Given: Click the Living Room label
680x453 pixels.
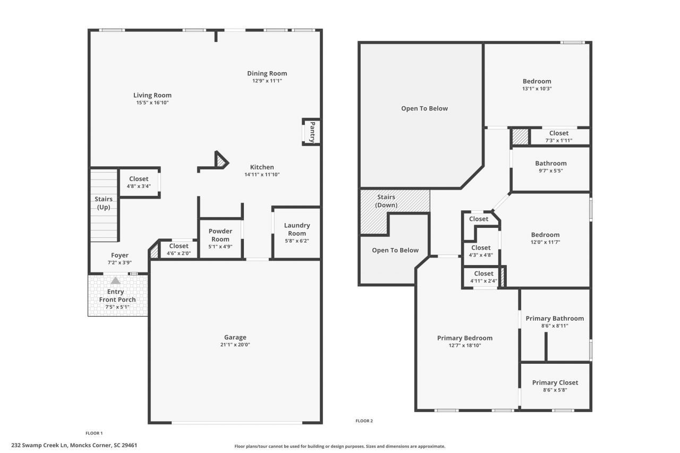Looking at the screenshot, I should pyautogui.click(x=152, y=95).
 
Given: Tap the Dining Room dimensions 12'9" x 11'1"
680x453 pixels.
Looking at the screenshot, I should pyautogui.click(x=267, y=81).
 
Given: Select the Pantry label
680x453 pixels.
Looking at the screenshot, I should pyautogui.click(x=312, y=132).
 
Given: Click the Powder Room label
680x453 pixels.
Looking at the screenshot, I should pyautogui.click(x=220, y=235).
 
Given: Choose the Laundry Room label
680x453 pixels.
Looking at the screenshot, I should pyautogui.click(x=296, y=229).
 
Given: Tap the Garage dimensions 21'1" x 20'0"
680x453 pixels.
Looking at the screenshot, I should pyautogui.click(x=235, y=344).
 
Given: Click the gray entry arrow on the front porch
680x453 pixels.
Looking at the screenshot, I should pyautogui.click(x=115, y=280).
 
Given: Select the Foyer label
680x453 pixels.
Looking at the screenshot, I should pyautogui.click(x=120, y=255).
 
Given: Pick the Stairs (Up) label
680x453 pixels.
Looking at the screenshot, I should pyautogui.click(x=104, y=203).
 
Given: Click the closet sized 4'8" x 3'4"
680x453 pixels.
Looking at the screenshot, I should pyautogui.click(x=139, y=182).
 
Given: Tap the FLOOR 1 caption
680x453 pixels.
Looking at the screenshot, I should pyautogui.click(x=94, y=433).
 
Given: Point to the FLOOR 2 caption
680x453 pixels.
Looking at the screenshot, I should pyautogui.click(x=364, y=421).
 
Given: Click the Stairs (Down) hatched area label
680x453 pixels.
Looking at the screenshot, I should pyautogui.click(x=386, y=201).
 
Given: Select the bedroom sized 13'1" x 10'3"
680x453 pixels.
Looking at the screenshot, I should pyautogui.click(x=537, y=84).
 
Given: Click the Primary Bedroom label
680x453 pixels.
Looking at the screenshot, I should pyautogui.click(x=464, y=338).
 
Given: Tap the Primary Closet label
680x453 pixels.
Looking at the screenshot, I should pyautogui.click(x=555, y=382).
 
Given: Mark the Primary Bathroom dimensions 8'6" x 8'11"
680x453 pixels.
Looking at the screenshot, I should pyautogui.click(x=555, y=326).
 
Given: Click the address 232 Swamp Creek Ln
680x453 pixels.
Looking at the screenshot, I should pyautogui.click(x=74, y=445).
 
